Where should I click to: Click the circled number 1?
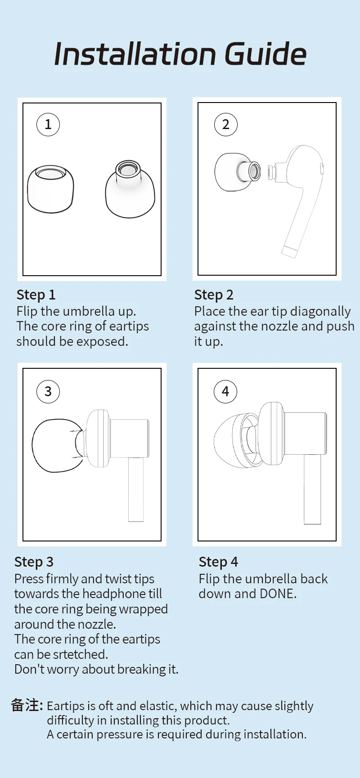[x=48, y=125]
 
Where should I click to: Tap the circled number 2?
[x=226, y=125]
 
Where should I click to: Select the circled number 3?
[x=48, y=391]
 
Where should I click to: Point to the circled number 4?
[x=225, y=391]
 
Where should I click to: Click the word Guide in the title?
[x=265, y=54]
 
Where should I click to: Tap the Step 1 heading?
[x=36, y=295]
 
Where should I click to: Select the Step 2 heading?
[x=214, y=295]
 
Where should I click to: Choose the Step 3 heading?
[x=34, y=562]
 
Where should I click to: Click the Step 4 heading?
[x=218, y=562]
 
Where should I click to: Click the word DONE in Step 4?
[x=277, y=594]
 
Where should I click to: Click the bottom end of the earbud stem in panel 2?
[x=289, y=252]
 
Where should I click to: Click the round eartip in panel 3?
[x=58, y=446]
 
